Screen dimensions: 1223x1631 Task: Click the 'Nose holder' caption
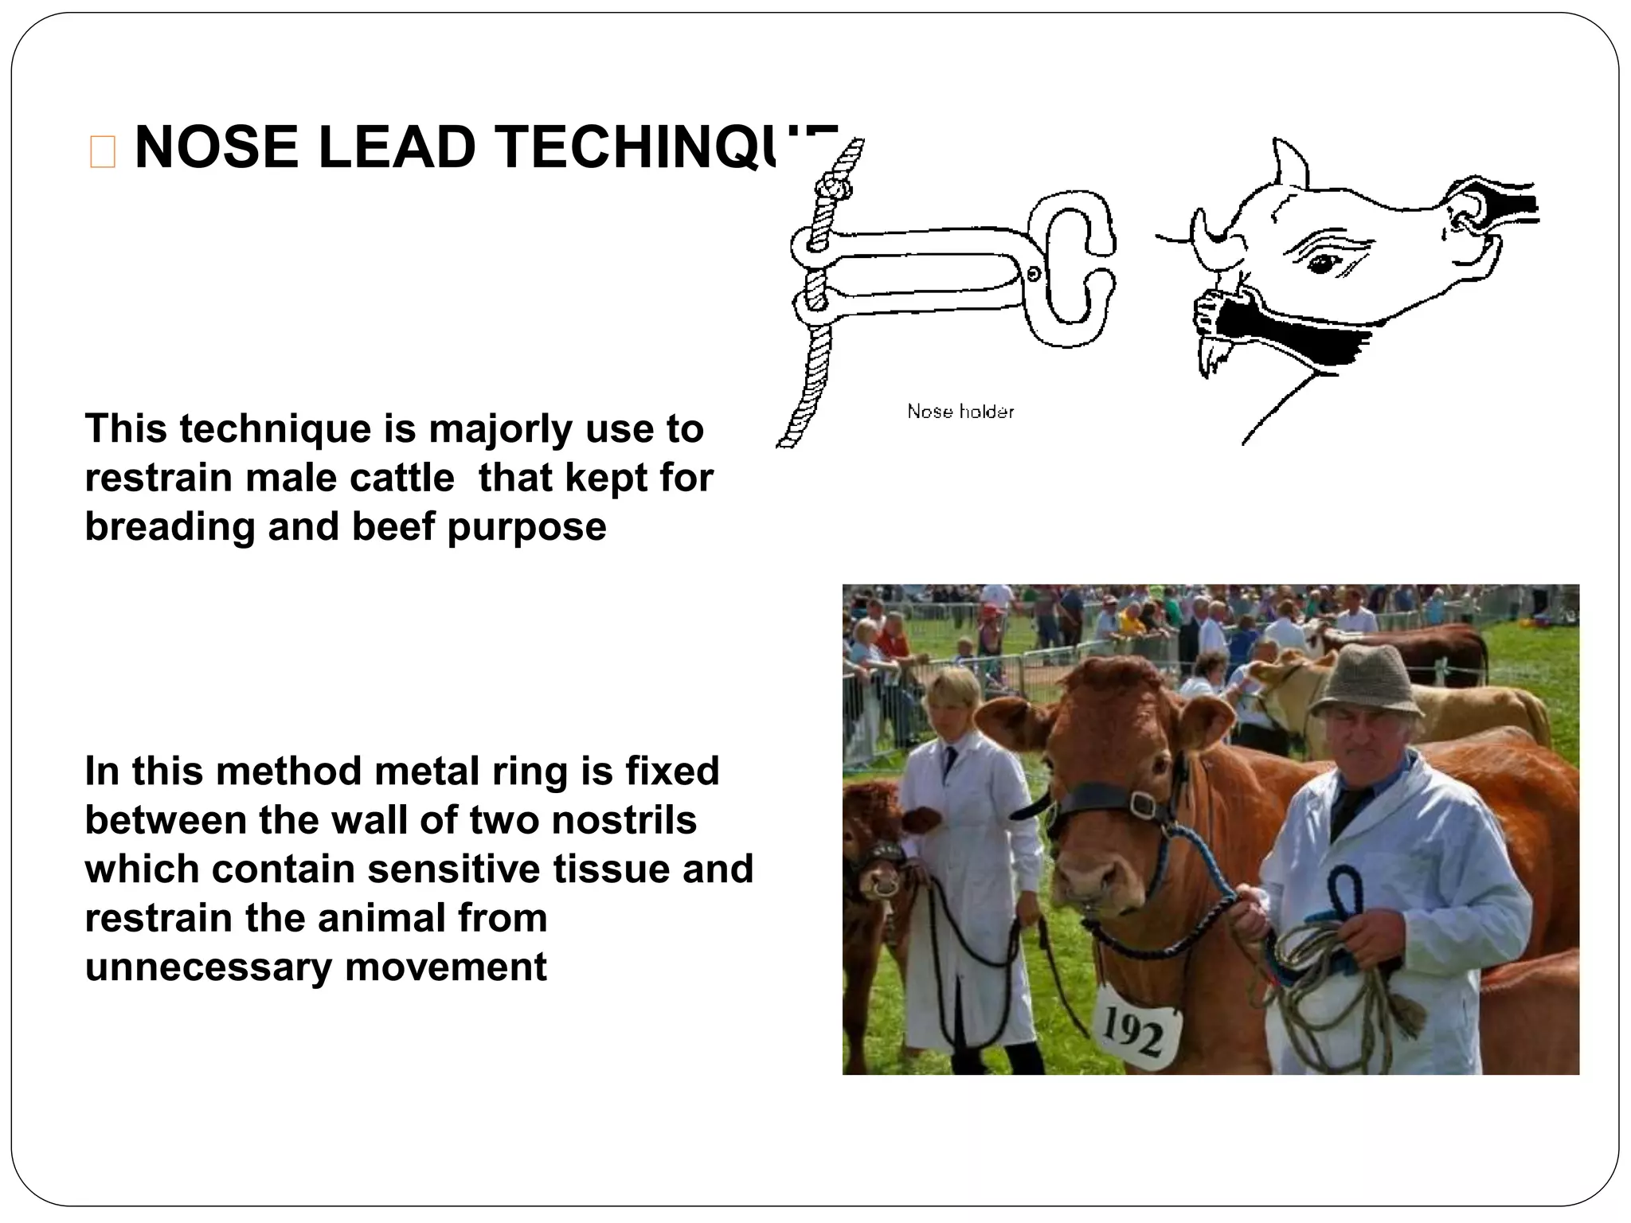pyautogui.click(x=960, y=412)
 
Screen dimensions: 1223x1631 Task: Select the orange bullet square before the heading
pyautogui.click(x=103, y=151)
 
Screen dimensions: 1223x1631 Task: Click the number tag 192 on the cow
pyautogui.click(x=1133, y=1033)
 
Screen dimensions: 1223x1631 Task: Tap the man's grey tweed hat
pyautogui.click(x=1363, y=682)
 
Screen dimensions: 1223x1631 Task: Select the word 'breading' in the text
pyautogui.click(x=170, y=527)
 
